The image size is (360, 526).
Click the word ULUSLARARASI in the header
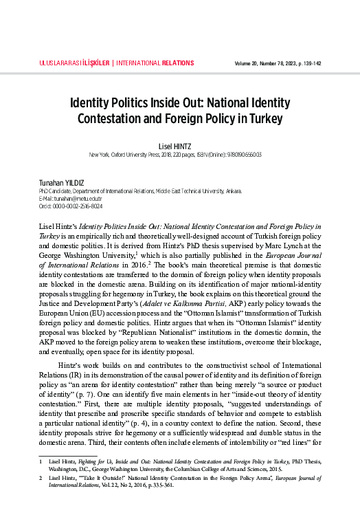coord(56,63)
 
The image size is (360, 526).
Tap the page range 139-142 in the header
coord(311,63)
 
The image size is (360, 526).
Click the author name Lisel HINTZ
coord(180,146)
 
